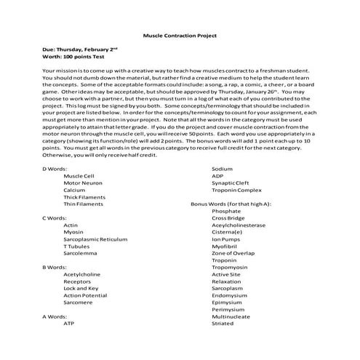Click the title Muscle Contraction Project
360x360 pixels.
pos(180,36)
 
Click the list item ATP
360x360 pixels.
pos(69,324)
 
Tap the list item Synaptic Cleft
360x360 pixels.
pos(230,203)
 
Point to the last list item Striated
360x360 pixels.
pos(223,324)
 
